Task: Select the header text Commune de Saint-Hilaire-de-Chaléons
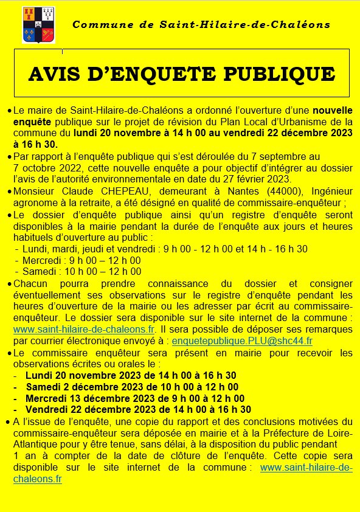coord(201,25)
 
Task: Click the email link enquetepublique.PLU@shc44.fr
coord(242,341)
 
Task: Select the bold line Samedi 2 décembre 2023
coord(131,387)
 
